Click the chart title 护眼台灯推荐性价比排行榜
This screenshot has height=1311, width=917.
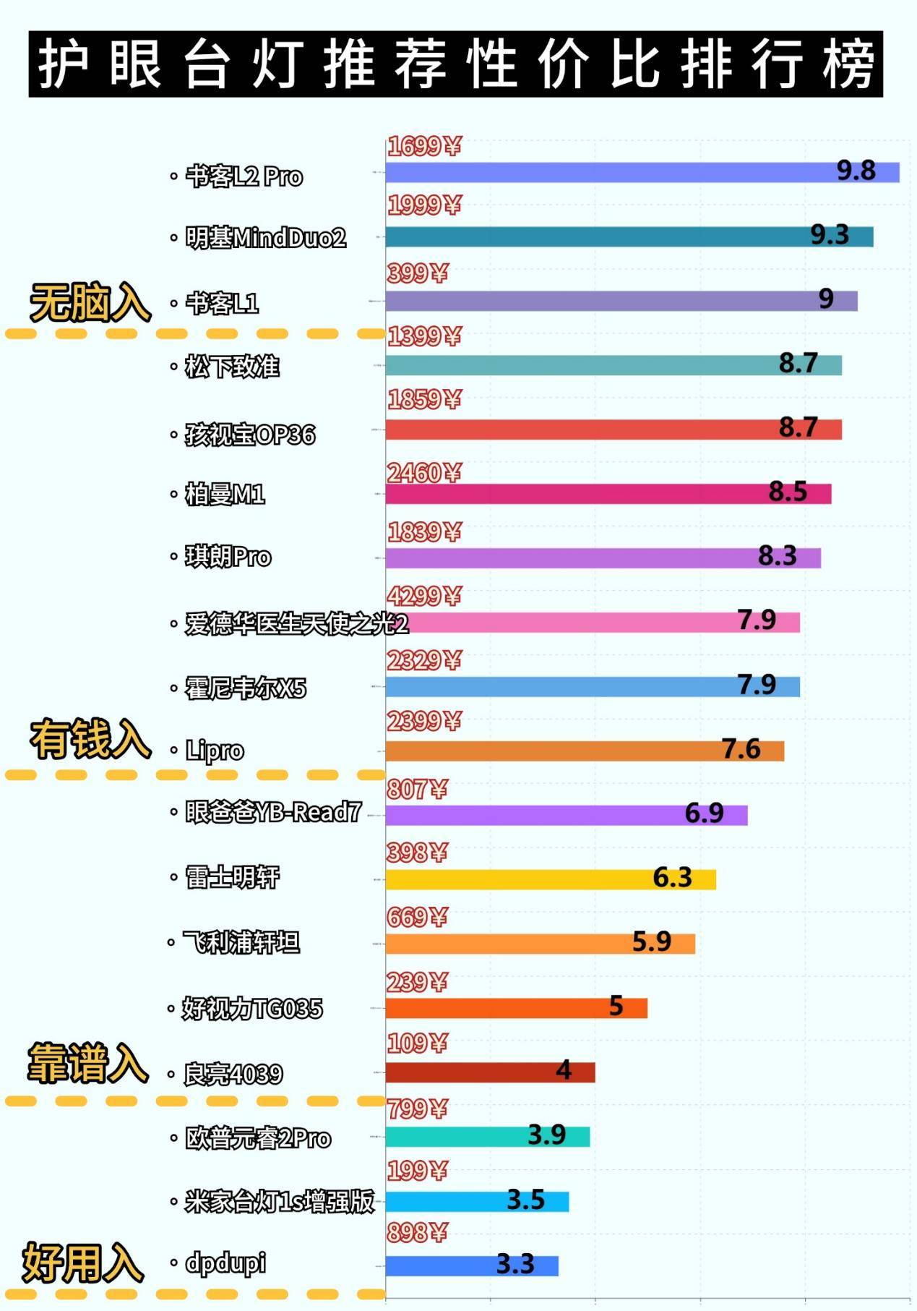click(x=456, y=64)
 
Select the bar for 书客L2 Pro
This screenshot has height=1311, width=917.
click(x=614, y=172)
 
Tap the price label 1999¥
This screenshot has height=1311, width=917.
click(x=424, y=205)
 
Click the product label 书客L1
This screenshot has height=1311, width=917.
click(x=222, y=303)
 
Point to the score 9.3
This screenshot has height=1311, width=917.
click(x=829, y=235)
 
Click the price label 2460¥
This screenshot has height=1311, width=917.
click(x=424, y=473)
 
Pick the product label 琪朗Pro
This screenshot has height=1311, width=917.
click(x=228, y=557)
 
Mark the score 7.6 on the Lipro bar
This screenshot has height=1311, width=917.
click(x=741, y=749)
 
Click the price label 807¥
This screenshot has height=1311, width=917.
click(x=417, y=789)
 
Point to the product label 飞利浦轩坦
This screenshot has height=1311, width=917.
click(x=241, y=942)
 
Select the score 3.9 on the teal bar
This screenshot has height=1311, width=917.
click(x=546, y=1135)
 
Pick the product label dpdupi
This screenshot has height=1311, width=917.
click(x=225, y=1263)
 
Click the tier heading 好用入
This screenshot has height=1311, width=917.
click(x=83, y=1263)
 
